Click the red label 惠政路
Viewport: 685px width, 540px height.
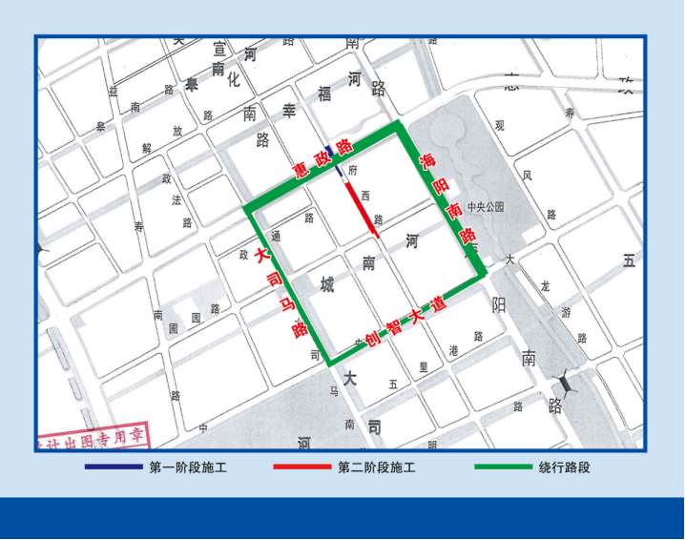click(322, 159)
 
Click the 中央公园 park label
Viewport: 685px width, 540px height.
click(485, 206)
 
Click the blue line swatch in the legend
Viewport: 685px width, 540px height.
click(113, 467)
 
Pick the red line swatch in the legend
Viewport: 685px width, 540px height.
click(301, 467)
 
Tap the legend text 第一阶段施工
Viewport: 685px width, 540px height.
click(188, 467)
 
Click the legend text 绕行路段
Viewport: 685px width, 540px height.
click(565, 467)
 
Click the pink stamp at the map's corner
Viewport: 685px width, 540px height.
click(92, 439)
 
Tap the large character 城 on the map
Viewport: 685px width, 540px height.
click(327, 285)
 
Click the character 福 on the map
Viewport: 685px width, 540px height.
click(324, 93)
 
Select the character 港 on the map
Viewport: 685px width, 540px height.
click(453, 351)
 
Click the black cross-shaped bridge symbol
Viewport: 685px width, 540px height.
click(567, 383)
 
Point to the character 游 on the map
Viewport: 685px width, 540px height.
click(570, 312)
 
